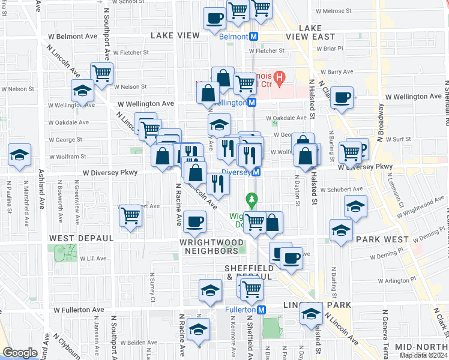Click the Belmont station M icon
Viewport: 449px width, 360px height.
pyautogui.click(x=254, y=37)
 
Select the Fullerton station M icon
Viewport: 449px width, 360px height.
pyautogui.click(x=261, y=310)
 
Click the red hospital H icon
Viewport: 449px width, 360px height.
pyautogui.click(x=280, y=77)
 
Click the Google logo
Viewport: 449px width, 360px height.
pyautogui.click(x=20, y=353)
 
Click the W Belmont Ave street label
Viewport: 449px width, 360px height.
pyautogui.click(x=73, y=36)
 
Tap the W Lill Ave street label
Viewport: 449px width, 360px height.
pyautogui.click(x=93, y=259)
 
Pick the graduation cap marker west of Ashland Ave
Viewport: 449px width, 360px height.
pyautogui.click(x=20, y=155)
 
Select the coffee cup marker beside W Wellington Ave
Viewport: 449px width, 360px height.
pyautogui.click(x=342, y=98)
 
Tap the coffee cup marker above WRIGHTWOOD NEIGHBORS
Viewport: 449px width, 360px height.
pyautogui.click(x=194, y=223)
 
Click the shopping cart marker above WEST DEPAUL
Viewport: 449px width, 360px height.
pyautogui.click(x=131, y=215)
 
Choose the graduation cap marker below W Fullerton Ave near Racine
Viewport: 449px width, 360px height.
pyautogui.click(x=198, y=330)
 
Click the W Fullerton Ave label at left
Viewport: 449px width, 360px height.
pyautogui.click(x=79, y=310)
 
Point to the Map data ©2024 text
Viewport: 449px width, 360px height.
pyautogui.click(x=424, y=355)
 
